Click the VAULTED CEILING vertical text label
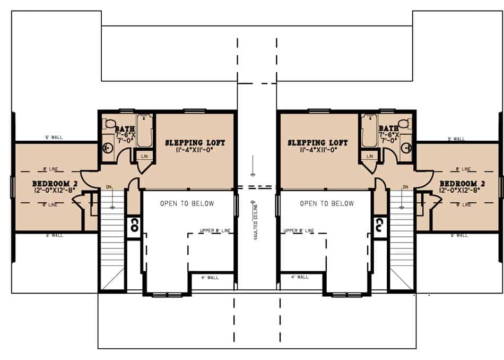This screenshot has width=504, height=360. point(255,220)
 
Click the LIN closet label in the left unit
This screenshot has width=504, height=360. point(145,156)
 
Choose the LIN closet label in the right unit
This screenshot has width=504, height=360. point(369,156)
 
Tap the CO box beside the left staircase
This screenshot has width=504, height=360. point(134,224)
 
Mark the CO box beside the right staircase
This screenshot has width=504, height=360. point(380,224)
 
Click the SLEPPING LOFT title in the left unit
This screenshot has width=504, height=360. point(195,143)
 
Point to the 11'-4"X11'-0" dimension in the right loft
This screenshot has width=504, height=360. point(318,150)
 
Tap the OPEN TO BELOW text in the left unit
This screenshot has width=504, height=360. point(187,203)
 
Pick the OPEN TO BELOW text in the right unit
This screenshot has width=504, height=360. point(327,203)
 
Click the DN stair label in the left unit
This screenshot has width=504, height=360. point(109,187)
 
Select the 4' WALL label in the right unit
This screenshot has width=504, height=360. point(300,277)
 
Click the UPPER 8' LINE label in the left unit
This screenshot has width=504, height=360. point(215,230)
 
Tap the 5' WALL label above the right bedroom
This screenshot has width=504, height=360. point(456,139)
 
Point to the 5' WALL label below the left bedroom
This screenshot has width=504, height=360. point(54,235)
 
